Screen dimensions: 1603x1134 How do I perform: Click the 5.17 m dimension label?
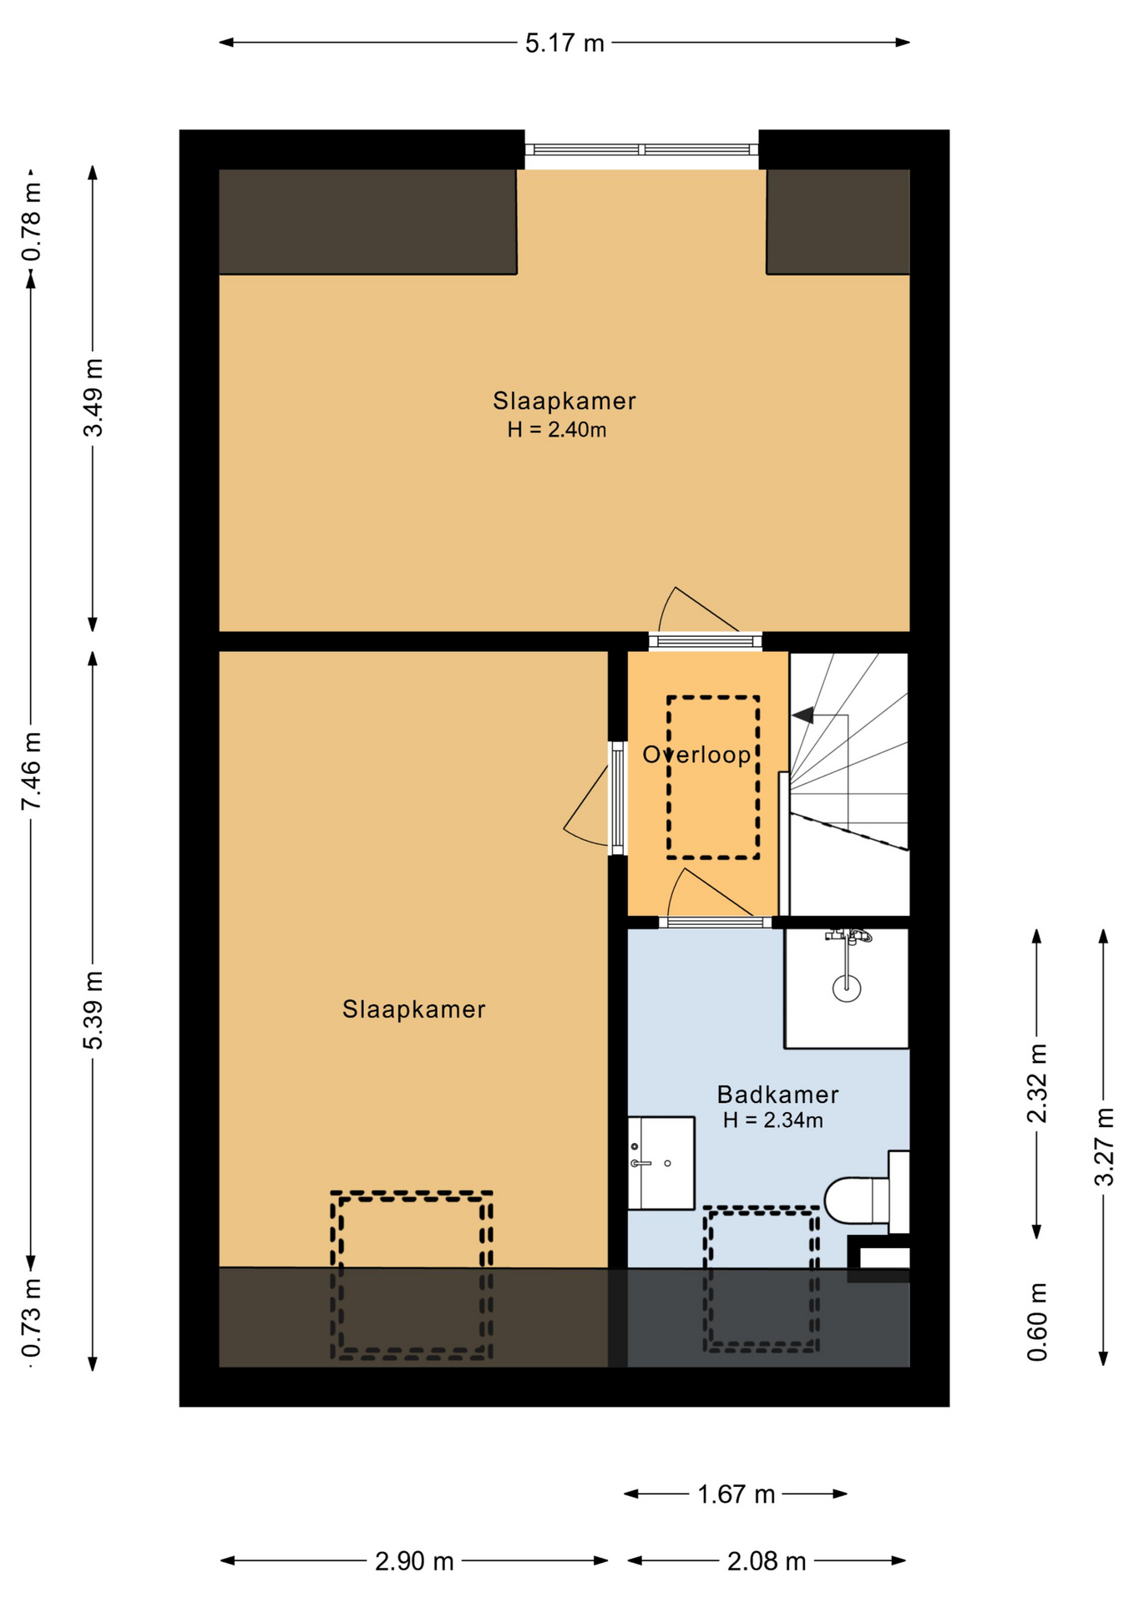[x=564, y=43]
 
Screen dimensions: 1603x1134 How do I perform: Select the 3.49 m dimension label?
[x=94, y=397]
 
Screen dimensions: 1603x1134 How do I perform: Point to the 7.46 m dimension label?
[x=32, y=771]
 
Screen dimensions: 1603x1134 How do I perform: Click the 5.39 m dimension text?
[x=94, y=1011]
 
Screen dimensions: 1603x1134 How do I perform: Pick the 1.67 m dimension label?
[x=736, y=1494]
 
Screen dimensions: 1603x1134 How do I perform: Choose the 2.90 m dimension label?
[x=414, y=1560]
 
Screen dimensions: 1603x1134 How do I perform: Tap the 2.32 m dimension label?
[x=1037, y=1084]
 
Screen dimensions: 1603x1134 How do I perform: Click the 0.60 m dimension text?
[x=1037, y=1322]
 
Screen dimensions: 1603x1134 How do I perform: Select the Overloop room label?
[x=696, y=755]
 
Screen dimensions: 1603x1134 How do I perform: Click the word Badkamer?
[x=777, y=1095]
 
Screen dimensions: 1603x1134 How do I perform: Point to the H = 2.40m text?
[x=557, y=430]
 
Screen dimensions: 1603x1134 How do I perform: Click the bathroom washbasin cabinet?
[x=661, y=1162]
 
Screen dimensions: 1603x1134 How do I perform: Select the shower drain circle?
[x=846, y=989]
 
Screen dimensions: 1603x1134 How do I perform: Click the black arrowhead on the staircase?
[x=803, y=716]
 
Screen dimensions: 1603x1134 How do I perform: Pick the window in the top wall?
[x=641, y=149]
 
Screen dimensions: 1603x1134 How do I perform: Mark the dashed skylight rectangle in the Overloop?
[x=713, y=777]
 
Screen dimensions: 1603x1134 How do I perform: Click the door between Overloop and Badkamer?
[x=715, y=922]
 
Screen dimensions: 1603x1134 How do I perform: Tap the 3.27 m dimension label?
[x=1104, y=1146]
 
